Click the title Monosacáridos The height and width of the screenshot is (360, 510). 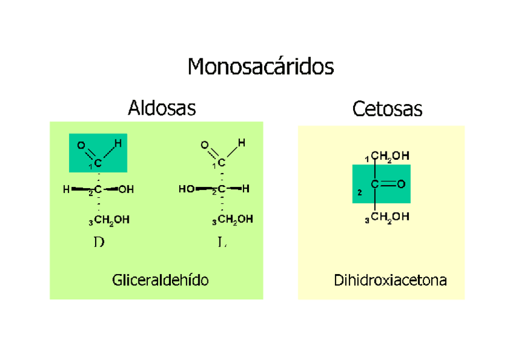[260, 66]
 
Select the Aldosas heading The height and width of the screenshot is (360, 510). [162, 108]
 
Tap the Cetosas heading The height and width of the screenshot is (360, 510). [387, 109]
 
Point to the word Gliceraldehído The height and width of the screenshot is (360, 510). [160, 280]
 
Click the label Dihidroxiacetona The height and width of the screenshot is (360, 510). [390, 281]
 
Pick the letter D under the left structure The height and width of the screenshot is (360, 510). [99, 243]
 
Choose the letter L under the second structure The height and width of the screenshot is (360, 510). [222, 243]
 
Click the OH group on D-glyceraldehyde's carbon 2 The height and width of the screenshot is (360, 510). [126, 190]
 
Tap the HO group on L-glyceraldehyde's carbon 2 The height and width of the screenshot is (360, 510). [186, 190]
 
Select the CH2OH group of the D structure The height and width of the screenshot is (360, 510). [111, 221]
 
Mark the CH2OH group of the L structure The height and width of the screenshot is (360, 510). [235, 221]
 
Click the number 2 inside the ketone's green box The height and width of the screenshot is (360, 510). [360, 193]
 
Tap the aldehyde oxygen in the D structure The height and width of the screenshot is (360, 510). [81, 145]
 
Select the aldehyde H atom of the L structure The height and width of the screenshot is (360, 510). [241, 143]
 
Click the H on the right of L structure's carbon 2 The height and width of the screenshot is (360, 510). [247, 189]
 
